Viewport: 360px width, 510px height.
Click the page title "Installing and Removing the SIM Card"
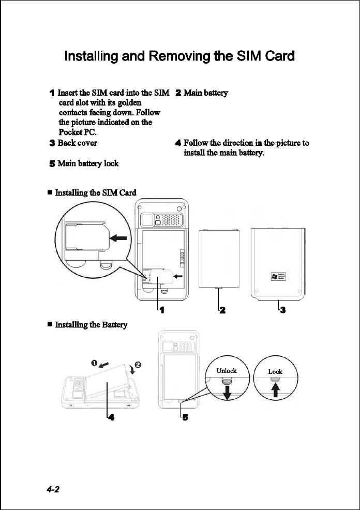[179, 56]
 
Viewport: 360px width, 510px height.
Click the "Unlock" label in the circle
[226, 371]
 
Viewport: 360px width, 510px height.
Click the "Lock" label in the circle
[275, 371]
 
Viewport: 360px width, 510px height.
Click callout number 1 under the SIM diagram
[162, 310]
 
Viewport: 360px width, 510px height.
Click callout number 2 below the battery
[222, 310]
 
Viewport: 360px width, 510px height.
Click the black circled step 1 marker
[94, 362]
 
